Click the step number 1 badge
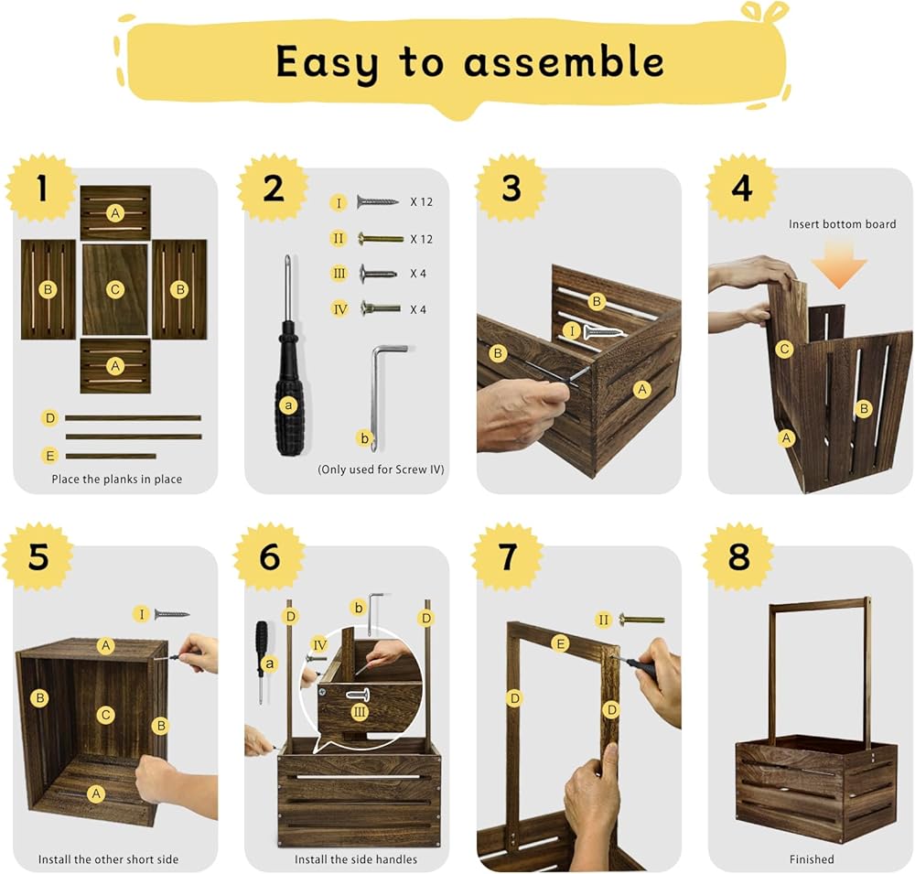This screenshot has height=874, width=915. [x=41, y=188]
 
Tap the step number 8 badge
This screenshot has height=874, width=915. [x=738, y=556]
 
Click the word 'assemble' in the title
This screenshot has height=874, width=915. [x=564, y=62]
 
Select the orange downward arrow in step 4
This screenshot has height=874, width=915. [x=839, y=265]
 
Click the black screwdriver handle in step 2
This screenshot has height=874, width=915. [x=288, y=388]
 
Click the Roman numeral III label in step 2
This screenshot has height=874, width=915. [x=339, y=274]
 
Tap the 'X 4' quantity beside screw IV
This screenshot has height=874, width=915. [x=418, y=309]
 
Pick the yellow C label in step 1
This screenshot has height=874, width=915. [x=115, y=289]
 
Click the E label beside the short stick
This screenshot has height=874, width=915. [x=49, y=456]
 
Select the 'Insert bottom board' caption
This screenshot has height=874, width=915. [x=842, y=224]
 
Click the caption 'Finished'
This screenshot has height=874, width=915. [x=812, y=858]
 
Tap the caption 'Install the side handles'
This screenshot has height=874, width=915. [x=356, y=858]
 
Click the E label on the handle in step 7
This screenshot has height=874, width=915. [x=560, y=644]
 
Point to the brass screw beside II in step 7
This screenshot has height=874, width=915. [x=641, y=620]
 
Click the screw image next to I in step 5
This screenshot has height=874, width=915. [x=172, y=614]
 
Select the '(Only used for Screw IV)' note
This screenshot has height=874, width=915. [x=381, y=469]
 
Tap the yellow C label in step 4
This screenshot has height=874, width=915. [x=784, y=349]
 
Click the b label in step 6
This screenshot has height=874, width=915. [x=359, y=608]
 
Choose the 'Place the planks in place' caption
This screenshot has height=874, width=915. [x=117, y=480]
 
